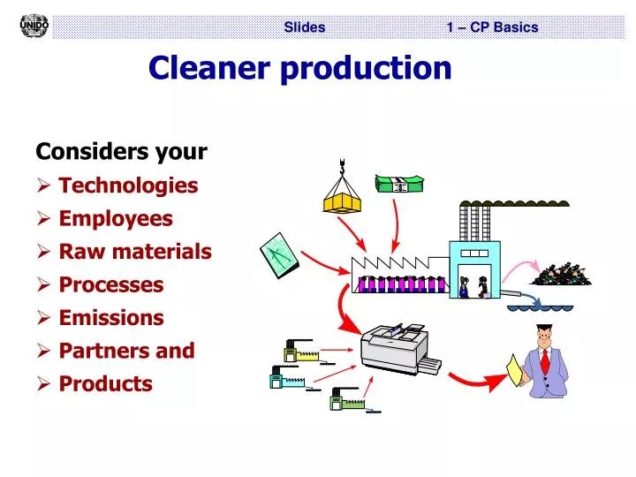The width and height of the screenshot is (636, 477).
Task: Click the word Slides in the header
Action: point(305,27)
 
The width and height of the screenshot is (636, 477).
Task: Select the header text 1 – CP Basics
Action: point(492,27)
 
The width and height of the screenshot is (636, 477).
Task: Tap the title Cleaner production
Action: point(299,68)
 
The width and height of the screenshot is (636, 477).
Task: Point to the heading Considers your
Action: point(121,152)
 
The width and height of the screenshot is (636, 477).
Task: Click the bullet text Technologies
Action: point(128,185)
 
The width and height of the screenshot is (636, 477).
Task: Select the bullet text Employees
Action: point(116,218)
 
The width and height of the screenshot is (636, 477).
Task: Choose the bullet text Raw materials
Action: point(135,252)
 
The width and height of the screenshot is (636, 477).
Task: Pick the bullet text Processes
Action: point(111,284)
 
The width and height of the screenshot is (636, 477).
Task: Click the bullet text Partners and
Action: point(126,351)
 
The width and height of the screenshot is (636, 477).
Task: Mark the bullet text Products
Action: point(105,383)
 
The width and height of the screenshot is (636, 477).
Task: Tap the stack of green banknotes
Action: point(399,184)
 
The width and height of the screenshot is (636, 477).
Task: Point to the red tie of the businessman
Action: point(545,362)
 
